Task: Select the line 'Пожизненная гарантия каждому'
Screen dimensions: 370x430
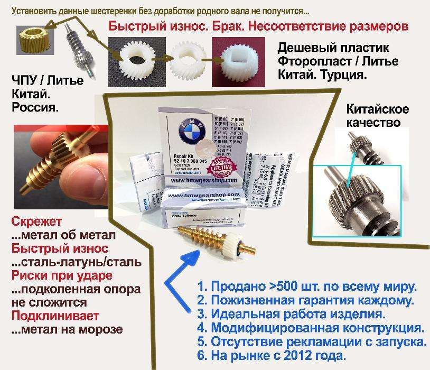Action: tap(310, 301)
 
